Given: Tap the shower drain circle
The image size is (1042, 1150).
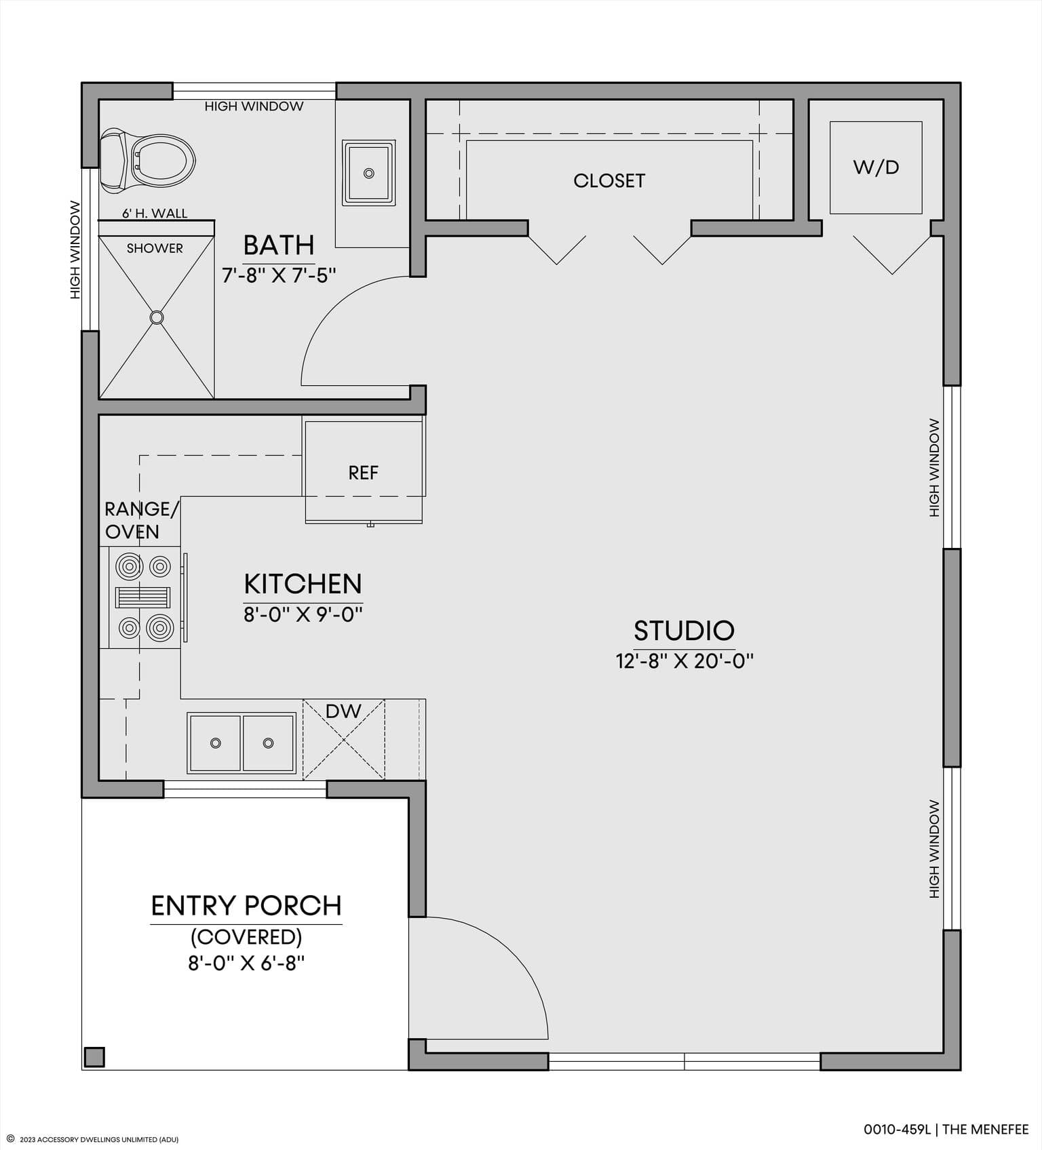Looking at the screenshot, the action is (x=157, y=317).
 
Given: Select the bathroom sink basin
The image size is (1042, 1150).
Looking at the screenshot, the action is (x=368, y=173).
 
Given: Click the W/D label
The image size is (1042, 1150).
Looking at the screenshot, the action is (x=876, y=167).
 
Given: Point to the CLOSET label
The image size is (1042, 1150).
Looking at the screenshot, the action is (x=609, y=180).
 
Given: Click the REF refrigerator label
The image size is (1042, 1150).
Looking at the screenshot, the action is (x=363, y=473).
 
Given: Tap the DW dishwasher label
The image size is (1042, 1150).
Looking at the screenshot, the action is (x=343, y=711).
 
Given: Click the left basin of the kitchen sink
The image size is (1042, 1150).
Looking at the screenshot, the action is (x=215, y=743).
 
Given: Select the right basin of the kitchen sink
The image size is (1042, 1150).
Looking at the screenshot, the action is (x=269, y=743).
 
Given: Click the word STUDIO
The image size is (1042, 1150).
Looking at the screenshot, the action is (x=684, y=631).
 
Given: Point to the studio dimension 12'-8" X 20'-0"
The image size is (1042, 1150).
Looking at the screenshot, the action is (x=684, y=661).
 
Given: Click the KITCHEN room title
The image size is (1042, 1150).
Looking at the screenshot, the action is (x=303, y=584).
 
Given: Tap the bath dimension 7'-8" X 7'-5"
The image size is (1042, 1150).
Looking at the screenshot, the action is (x=279, y=275).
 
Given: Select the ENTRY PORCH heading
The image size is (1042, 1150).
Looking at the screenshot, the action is (x=246, y=906).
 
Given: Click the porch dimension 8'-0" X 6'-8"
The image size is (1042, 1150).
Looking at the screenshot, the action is (x=246, y=964).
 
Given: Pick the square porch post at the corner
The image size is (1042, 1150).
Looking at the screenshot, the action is (x=94, y=1057).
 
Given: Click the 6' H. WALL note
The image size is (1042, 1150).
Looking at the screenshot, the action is (x=155, y=213).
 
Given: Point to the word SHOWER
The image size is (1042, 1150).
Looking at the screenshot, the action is (x=155, y=248).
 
